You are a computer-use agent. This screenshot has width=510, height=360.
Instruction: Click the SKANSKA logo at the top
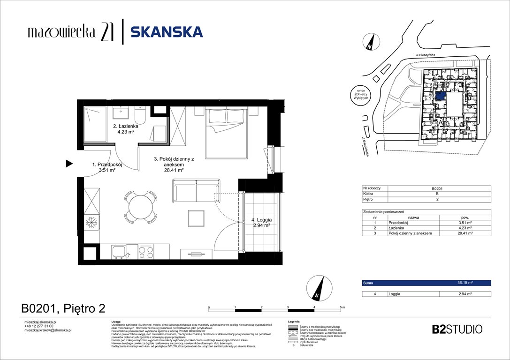pyautogui.click(x=167, y=32)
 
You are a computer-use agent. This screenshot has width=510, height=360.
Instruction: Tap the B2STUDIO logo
pyautogui.click(x=457, y=329)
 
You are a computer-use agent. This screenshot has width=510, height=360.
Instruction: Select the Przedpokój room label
pyautogui.click(x=107, y=165)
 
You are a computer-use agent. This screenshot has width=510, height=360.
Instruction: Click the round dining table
pyautogui.click(x=140, y=206)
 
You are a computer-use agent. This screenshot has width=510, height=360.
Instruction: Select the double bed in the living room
pyautogui.click(x=227, y=132)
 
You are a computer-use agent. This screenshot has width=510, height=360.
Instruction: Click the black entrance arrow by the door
pyautogui.click(x=69, y=164)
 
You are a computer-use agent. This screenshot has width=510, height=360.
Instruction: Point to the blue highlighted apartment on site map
pyautogui.click(x=441, y=96)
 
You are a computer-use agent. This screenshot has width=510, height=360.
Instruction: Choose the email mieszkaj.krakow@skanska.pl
pyautogui.click(x=47, y=330)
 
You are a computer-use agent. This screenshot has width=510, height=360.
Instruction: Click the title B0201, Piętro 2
pyautogui.click(x=63, y=308)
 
